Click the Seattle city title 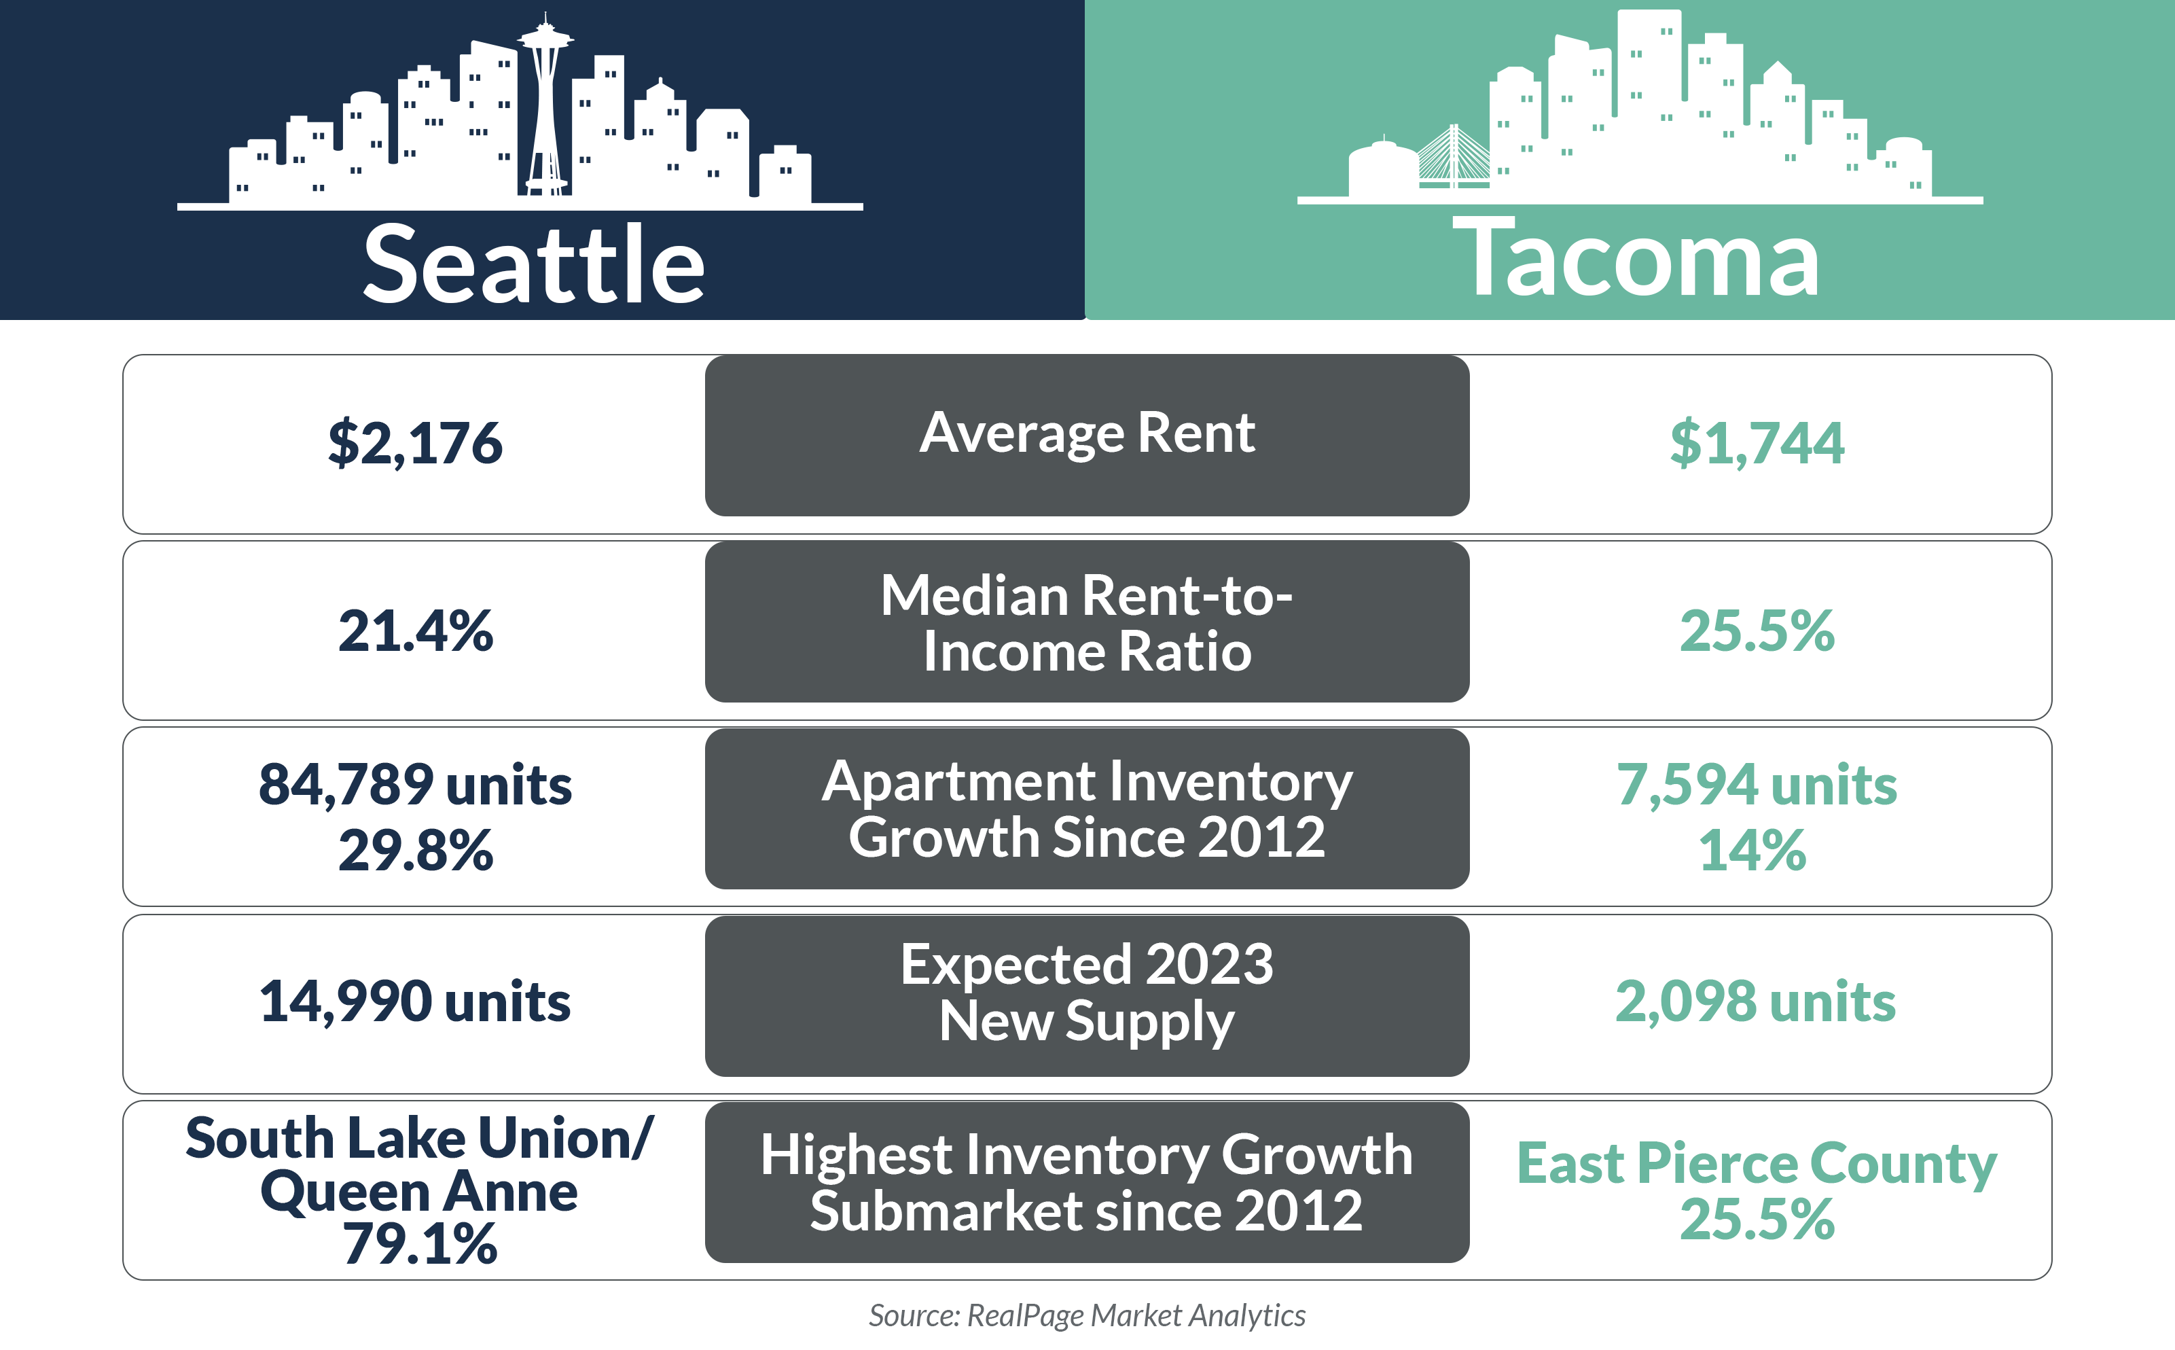pos(534,264)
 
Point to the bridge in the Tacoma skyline pos(1454,161)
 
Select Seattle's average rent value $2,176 pos(415,443)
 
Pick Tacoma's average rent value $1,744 pos(1757,443)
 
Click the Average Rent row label pos(1086,434)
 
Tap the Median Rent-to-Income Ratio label pos(1086,622)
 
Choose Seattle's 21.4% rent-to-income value pos(415,630)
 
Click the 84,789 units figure pos(415,785)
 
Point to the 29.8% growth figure pos(415,849)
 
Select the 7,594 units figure pos(1757,785)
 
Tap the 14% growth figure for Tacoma pos(1752,849)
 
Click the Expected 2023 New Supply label pos(1086,992)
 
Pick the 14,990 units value pos(415,1001)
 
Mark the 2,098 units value pos(1755,1001)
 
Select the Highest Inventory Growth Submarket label pos(1086,1182)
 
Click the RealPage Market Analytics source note pos(1086,1315)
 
